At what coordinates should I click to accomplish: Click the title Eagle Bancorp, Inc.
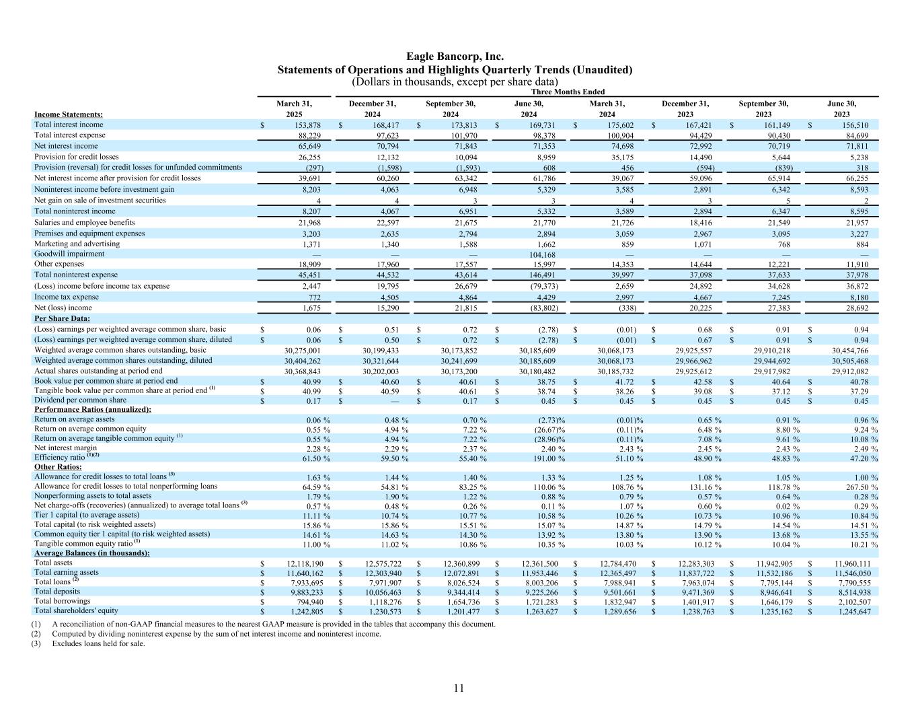(x=455, y=57)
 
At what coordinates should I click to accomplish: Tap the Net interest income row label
(x=66, y=146)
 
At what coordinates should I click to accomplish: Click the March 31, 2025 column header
(x=294, y=109)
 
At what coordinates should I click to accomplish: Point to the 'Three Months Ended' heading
(x=568, y=92)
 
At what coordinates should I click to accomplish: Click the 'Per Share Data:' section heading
(x=62, y=318)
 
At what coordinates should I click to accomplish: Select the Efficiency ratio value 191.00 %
(x=545, y=458)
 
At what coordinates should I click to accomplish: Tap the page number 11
(x=459, y=688)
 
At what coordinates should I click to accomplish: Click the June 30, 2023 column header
(x=841, y=109)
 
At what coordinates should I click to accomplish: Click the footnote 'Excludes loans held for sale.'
(x=98, y=643)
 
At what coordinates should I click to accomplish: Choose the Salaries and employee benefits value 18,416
(x=699, y=223)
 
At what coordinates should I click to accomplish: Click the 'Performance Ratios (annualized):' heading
(x=93, y=409)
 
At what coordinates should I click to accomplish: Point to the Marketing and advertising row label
(x=77, y=244)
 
